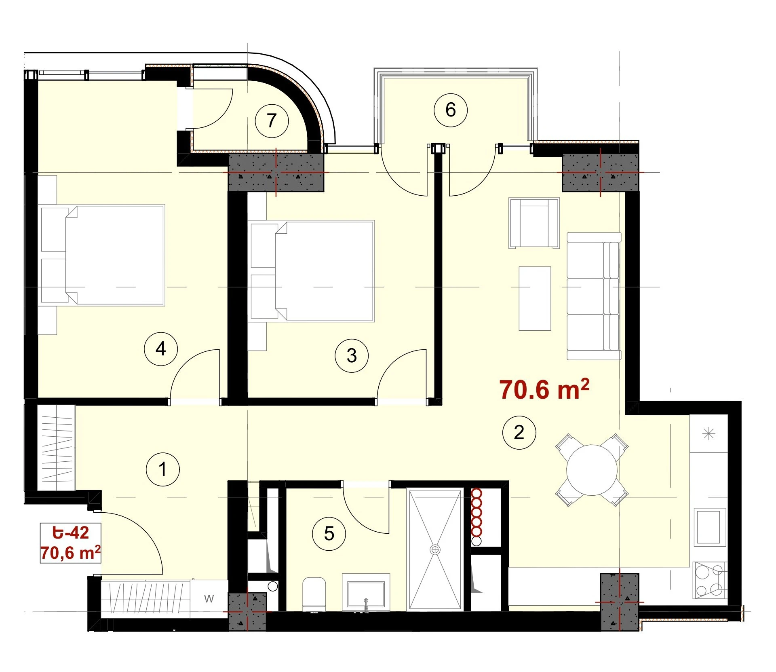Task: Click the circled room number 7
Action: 272,120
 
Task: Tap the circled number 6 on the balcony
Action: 450,110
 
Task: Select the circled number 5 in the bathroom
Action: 329,534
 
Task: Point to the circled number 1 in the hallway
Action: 162,469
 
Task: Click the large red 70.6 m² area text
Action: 544,389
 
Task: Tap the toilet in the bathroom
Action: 314,595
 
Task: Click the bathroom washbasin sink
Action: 366,593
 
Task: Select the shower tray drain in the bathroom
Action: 435,549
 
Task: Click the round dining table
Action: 592,470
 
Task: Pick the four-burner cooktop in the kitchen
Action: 710,581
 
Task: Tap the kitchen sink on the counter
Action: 708,527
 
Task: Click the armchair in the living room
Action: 534,223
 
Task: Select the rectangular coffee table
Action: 535,298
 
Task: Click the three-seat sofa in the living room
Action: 594,296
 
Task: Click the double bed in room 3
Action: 312,271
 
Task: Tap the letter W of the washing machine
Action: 209,599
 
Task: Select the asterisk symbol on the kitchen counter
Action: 709,434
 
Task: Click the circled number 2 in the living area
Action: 519,433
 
